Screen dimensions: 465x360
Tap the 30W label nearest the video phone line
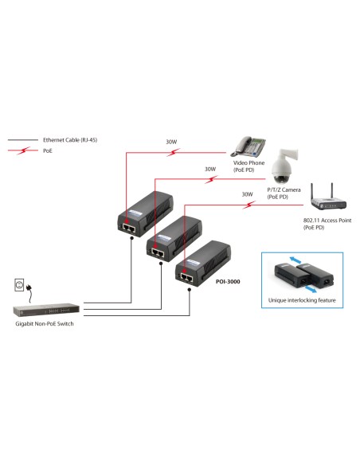click(171, 142)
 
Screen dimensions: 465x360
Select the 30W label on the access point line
click(246, 193)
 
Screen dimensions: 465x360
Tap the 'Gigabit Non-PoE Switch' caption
click(45, 325)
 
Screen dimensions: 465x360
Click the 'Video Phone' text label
click(249, 162)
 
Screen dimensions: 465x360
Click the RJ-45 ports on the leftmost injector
click(129, 225)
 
